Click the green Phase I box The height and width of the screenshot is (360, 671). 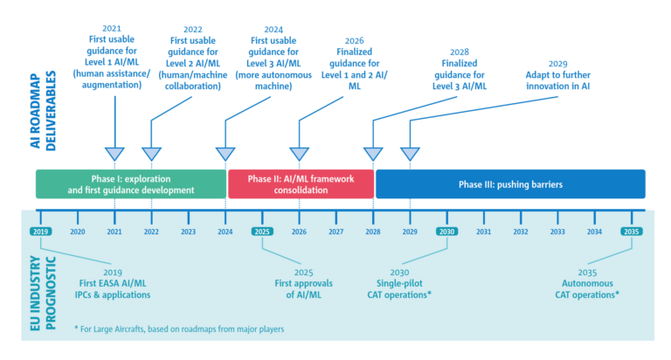130,183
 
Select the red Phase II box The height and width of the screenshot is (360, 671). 301,183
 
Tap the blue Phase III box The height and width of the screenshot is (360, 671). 510,183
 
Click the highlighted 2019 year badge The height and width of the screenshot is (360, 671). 40,232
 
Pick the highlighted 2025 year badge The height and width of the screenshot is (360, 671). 262,232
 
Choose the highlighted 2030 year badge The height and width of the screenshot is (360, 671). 446,232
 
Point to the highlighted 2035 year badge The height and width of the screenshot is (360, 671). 632,232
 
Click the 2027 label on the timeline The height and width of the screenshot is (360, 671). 335,232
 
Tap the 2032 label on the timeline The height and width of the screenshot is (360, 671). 521,232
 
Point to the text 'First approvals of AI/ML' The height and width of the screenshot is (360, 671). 300,289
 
